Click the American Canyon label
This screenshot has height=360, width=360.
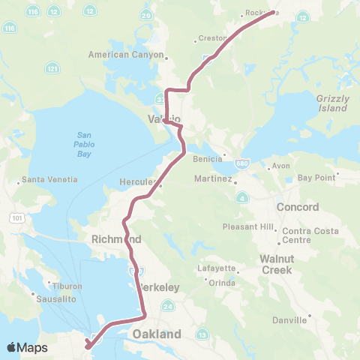click(x=124, y=55)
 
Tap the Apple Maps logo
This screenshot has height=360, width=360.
click(x=27, y=347)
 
